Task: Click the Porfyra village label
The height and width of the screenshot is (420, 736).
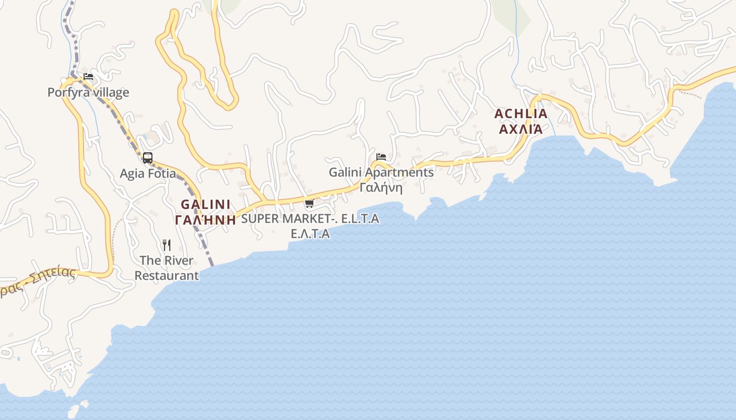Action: [x=88, y=93]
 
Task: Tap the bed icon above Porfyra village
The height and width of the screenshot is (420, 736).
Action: [x=88, y=77]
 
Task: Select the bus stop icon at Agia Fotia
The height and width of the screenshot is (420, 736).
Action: [x=148, y=157]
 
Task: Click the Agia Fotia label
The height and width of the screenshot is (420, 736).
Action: [x=148, y=173]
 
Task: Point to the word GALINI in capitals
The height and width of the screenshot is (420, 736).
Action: [x=206, y=204]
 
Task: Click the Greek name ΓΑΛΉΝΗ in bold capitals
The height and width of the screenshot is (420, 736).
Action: [x=206, y=219]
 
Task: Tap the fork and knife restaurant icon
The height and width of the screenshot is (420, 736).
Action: [x=167, y=245]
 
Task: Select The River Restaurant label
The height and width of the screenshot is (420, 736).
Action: [x=167, y=268]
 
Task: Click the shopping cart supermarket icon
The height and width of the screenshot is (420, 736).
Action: [x=309, y=204]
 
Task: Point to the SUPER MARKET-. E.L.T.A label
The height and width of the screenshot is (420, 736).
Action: [x=310, y=219]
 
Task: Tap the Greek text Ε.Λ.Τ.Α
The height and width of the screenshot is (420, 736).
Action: [x=310, y=234]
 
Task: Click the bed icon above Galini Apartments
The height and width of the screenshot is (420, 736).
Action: [x=381, y=157]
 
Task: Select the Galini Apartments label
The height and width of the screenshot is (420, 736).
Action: [x=381, y=172]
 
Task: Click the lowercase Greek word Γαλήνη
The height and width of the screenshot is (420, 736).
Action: [x=381, y=187]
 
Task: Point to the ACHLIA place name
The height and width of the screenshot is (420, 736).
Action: [x=520, y=114]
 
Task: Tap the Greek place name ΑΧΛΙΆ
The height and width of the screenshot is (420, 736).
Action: [x=520, y=129]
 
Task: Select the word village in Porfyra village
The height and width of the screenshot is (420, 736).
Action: [x=109, y=93]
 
